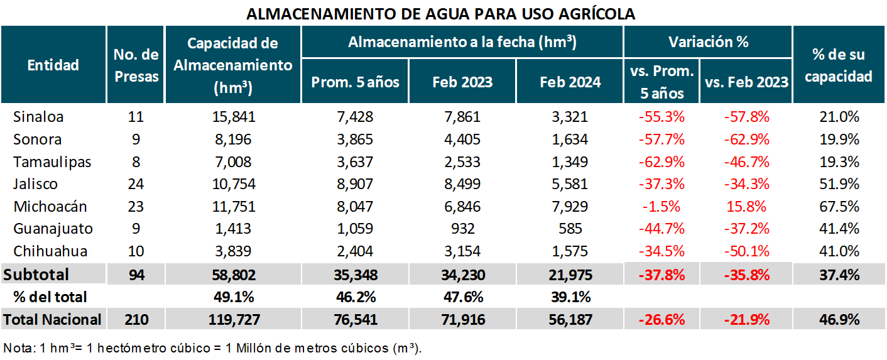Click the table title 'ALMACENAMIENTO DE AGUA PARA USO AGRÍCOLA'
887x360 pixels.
click(440, 14)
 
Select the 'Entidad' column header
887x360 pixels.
click(53, 65)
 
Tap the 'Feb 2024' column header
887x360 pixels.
click(570, 82)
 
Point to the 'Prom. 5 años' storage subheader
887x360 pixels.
click(355, 82)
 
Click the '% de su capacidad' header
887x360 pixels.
click(839, 65)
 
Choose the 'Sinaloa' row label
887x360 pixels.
click(38, 117)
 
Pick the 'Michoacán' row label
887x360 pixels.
click(50, 207)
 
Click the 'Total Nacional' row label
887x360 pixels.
click(53, 319)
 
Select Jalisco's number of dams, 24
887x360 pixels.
click(136, 184)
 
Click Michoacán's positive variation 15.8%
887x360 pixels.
click(746, 207)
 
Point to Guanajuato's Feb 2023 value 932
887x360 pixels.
click(462, 229)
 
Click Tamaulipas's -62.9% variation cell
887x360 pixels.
click(661, 162)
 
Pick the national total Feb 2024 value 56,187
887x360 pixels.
click(570, 319)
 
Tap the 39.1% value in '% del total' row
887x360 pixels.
click(570, 297)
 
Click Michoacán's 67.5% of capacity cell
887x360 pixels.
click(839, 207)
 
